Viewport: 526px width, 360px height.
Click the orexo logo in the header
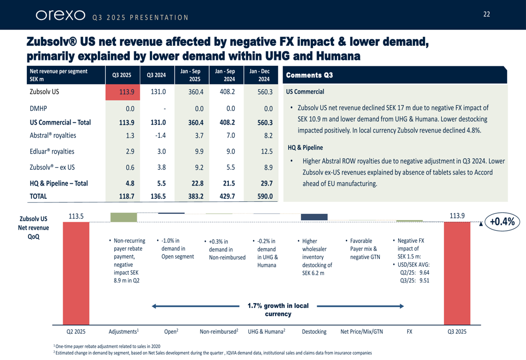coord(60,15)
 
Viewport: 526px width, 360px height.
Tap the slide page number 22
coord(487,14)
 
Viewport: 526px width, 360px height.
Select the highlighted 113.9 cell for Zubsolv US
coord(122,92)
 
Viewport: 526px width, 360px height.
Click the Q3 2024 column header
coord(157,75)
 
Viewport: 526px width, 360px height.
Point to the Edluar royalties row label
coord(52,151)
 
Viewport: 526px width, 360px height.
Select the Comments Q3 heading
coord(309,75)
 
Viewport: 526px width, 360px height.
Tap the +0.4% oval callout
coord(502,222)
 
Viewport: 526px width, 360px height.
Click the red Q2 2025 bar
coord(76,273)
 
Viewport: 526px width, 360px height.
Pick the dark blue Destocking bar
coord(314,217)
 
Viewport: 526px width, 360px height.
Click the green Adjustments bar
coord(123,217)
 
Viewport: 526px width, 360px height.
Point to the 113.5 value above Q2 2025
coord(77,215)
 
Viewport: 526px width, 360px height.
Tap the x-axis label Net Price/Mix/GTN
coord(362,332)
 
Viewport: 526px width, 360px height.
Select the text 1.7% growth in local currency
coord(278,310)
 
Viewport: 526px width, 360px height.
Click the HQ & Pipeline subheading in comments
coord(305,148)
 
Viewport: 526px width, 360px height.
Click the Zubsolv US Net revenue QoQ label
coord(33,228)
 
